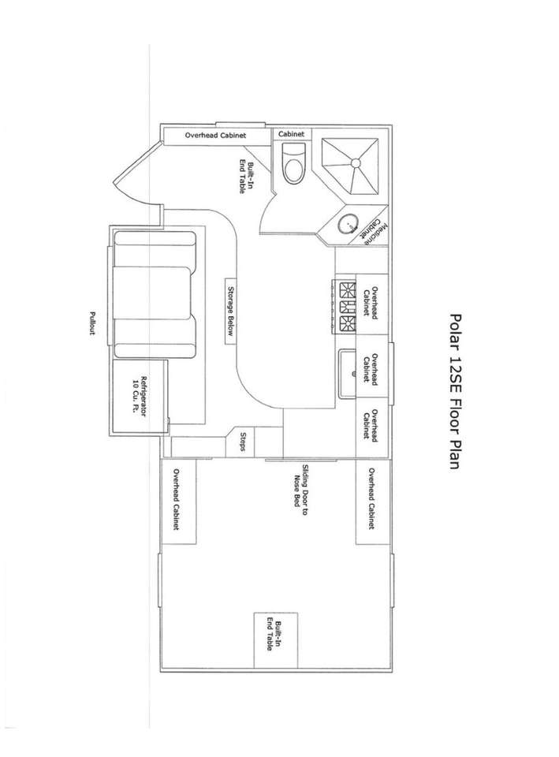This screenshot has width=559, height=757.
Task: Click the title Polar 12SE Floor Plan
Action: [x=455, y=391]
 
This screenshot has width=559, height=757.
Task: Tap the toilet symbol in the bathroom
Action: [x=293, y=163]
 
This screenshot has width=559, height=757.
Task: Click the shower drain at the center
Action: [x=356, y=162]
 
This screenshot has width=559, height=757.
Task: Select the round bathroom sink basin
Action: [x=348, y=223]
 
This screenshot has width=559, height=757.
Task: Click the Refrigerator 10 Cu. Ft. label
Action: [x=139, y=396]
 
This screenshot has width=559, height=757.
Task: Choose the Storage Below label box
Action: [x=231, y=311]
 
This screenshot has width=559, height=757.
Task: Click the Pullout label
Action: [x=92, y=323]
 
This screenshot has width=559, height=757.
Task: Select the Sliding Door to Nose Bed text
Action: [x=301, y=490]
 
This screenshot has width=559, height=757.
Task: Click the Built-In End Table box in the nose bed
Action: [x=276, y=640]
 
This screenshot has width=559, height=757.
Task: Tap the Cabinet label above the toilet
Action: [x=291, y=134]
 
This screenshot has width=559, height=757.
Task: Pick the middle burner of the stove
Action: [x=348, y=307]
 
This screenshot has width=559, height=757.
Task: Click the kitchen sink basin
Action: [x=348, y=373]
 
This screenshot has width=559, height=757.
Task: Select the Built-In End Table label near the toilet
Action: [x=247, y=177]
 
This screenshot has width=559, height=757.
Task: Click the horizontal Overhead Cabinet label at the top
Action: [x=215, y=135]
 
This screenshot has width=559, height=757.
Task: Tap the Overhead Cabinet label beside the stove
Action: [x=371, y=302]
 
